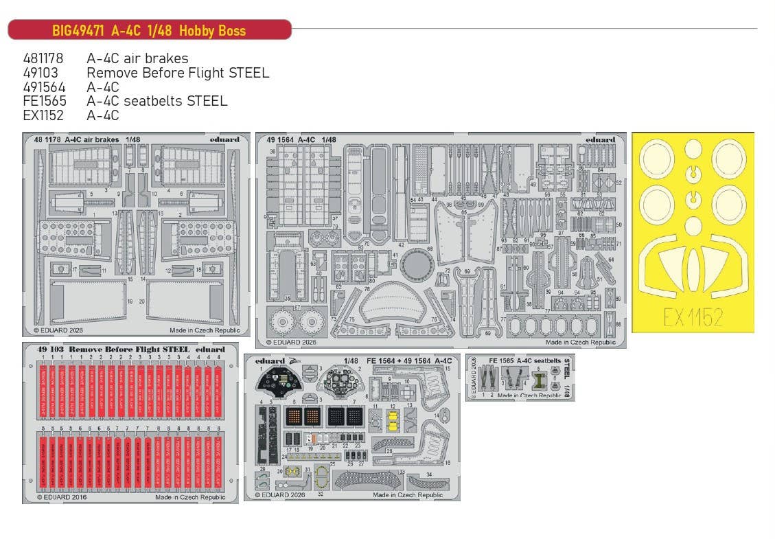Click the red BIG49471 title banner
click(x=149, y=30)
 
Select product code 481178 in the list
click(x=43, y=58)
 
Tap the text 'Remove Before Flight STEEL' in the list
click(x=178, y=73)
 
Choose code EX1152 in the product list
click(x=43, y=116)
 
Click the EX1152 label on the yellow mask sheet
click(x=693, y=317)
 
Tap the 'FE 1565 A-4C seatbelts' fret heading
click(x=515, y=360)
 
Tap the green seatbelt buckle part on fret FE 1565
click(x=540, y=376)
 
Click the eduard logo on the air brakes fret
click(x=224, y=139)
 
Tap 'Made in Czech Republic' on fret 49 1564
click(x=580, y=341)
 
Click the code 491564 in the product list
click(x=43, y=87)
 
